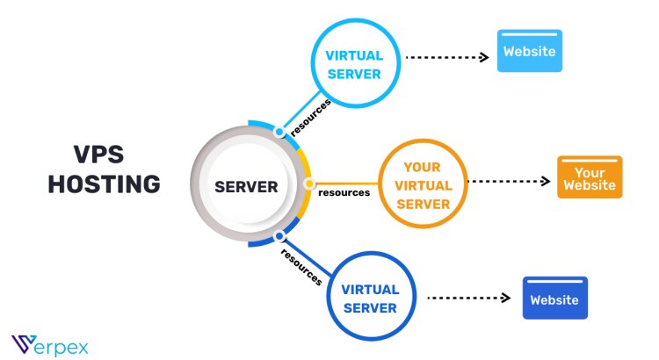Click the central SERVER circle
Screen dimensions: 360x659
click(x=247, y=186)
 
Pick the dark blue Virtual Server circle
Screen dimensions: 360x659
click(x=369, y=298)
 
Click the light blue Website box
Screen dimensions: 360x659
click(x=529, y=51)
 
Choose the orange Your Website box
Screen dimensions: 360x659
click(x=590, y=177)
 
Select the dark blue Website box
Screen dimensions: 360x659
click(x=554, y=299)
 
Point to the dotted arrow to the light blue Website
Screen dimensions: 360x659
click(x=446, y=57)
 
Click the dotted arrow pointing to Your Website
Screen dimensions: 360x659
click(x=509, y=182)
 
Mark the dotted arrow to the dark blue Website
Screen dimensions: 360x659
click(x=468, y=298)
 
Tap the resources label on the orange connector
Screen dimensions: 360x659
click(x=344, y=192)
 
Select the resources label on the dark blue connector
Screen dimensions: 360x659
click(x=301, y=264)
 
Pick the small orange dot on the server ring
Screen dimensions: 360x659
click(x=309, y=184)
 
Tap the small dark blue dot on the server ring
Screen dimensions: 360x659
click(x=279, y=235)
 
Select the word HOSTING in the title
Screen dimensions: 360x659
click(x=104, y=184)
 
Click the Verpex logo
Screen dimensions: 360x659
click(x=49, y=343)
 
